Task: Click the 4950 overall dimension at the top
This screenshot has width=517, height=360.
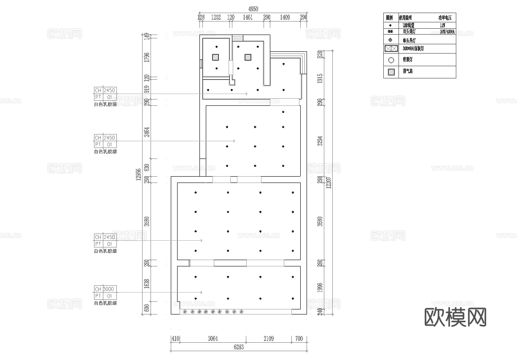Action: coord(253,9)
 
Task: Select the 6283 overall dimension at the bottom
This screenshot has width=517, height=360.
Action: coord(238,347)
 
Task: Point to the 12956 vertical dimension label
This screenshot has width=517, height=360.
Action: coord(138,175)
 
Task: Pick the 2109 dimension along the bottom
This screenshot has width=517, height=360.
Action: coord(268,339)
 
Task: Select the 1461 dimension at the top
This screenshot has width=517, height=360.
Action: coord(248,18)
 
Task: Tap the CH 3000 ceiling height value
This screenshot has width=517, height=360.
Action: coord(109,289)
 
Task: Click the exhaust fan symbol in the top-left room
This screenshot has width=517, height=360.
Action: coord(215,57)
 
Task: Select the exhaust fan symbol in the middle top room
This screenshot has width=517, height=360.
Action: coord(248,57)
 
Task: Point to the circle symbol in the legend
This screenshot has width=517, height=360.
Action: coord(390,60)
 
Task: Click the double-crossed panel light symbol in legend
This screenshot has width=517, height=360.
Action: coord(390,49)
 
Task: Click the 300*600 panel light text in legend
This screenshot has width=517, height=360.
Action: coord(413,49)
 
